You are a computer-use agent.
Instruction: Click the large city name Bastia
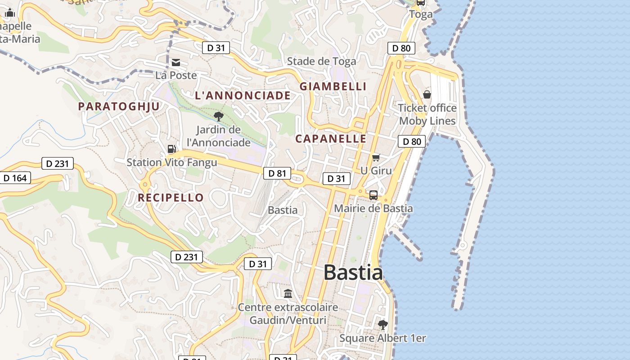click(x=353, y=273)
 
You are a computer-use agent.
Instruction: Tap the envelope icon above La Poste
click(x=176, y=63)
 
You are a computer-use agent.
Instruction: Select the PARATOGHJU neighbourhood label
click(x=119, y=107)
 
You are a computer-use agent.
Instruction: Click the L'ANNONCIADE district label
click(x=243, y=95)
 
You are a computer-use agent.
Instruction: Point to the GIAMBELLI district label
click(x=333, y=86)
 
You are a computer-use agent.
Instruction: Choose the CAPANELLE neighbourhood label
click(x=331, y=139)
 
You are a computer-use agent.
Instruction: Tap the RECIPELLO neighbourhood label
click(x=171, y=198)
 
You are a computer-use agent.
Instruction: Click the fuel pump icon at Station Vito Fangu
click(x=171, y=149)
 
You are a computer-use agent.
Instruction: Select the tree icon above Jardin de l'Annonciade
click(x=219, y=117)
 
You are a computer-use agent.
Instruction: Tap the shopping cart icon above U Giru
click(x=376, y=157)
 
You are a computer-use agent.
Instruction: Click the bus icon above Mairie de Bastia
click(x=373, y=195)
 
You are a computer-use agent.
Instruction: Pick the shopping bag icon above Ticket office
click(x=427, y=94)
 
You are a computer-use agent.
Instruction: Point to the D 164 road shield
click(x=15, y=178)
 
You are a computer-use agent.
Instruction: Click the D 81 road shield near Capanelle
click(x=277, y=173)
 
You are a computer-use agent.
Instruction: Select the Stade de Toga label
click(x=321, y=61)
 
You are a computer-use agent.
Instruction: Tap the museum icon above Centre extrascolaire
click(x=288, y=294)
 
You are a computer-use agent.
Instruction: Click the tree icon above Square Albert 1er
click(x=383, y=324)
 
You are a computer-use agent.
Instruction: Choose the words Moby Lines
click(x=427, y=121)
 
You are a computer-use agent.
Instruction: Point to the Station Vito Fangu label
click(x=172, y=162)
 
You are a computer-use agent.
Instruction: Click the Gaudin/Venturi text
click(x=288, y=320)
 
